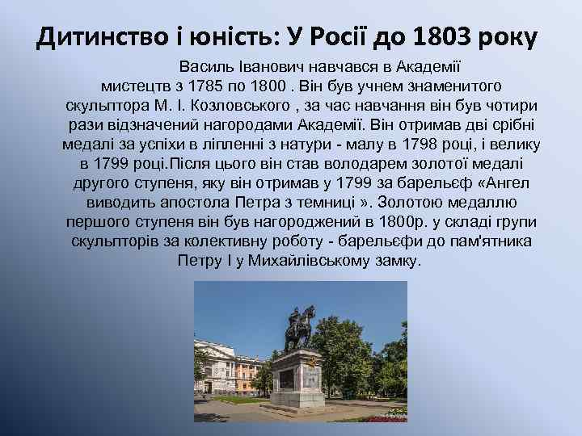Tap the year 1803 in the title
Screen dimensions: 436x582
click(441, 36)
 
